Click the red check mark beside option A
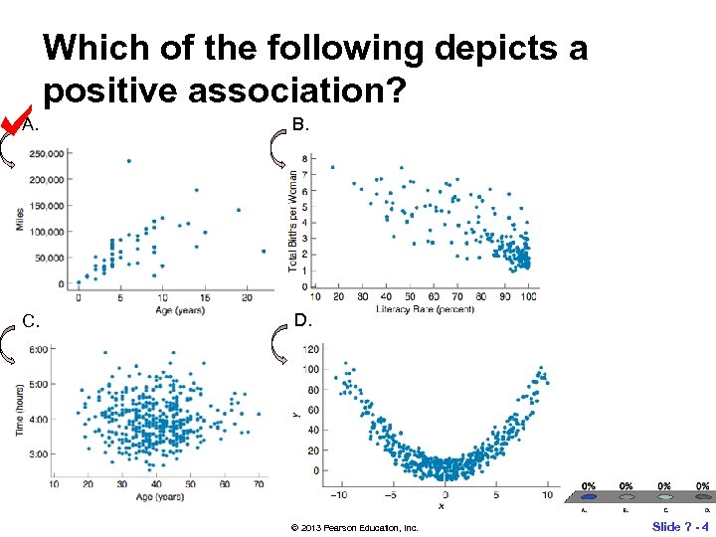14,120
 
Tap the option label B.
300,125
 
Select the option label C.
31,321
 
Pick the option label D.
302,320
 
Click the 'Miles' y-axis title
20,220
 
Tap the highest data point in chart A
129,160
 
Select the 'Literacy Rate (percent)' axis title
426,309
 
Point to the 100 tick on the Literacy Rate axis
530,297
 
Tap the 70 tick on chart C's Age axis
259,484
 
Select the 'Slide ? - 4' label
680,525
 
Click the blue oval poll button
589,497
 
